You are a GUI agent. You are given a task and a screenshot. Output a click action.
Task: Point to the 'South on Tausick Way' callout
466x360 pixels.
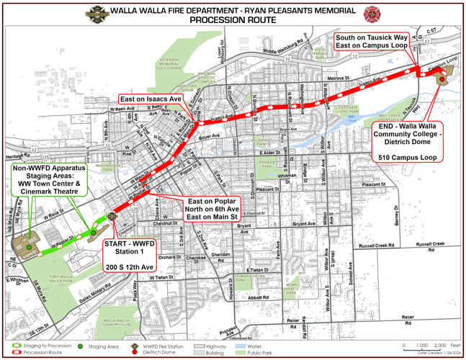click(372, 41)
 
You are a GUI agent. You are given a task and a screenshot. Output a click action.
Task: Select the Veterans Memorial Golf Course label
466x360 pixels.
click(171, 65)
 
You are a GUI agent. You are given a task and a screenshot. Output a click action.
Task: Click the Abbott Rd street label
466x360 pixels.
click(257, 297)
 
